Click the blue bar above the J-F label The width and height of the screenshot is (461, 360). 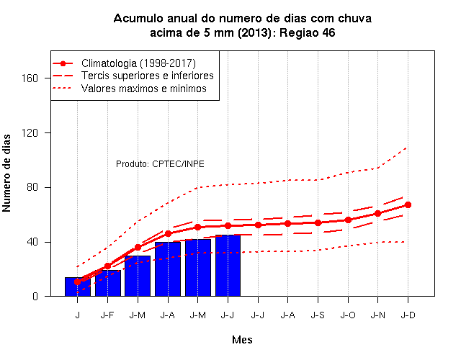pyautogui.click(x=108, y=283)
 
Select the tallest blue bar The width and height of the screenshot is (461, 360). pyautogui.click(x=228, y=266)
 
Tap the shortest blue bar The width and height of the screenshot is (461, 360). pyautogui.click(x=78, y=287)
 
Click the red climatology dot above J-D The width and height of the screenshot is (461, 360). pyautogui.click(x=408, y=204)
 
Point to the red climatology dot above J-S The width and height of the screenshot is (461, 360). pyautogui.click(x=318, y=222)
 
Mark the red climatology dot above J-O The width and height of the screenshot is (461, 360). pyautogui.click(x=348, y=220)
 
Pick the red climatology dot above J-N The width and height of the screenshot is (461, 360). pyautogui.click(x=377, y=213)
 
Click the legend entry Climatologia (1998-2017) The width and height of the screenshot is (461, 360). pyautogui.click(x=138, y=63)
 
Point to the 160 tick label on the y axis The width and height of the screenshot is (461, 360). pyautogui.click(x=30, y=78)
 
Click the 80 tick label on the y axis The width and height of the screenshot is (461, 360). pyautogui.click(x=32, y=187)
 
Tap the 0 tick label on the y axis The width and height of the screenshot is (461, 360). pyautogui.click(x=35, y=296)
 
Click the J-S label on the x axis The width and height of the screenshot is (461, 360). pyautogui.click(x=318, y=315)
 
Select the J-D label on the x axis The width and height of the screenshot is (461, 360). pyautogui.click(x=408, y=315)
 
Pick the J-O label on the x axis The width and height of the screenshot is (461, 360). pyautogui.click(x=348, y=315)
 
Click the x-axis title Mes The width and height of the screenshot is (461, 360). pyautogui.click(x=242, y=340)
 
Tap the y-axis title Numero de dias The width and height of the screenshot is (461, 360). pyautogui.click(x=6, y=174)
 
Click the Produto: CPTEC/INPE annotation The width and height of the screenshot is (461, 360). pyautogui.click(x=160, y=164)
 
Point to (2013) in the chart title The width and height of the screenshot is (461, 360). pyautogui.click(x=254, y=32)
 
